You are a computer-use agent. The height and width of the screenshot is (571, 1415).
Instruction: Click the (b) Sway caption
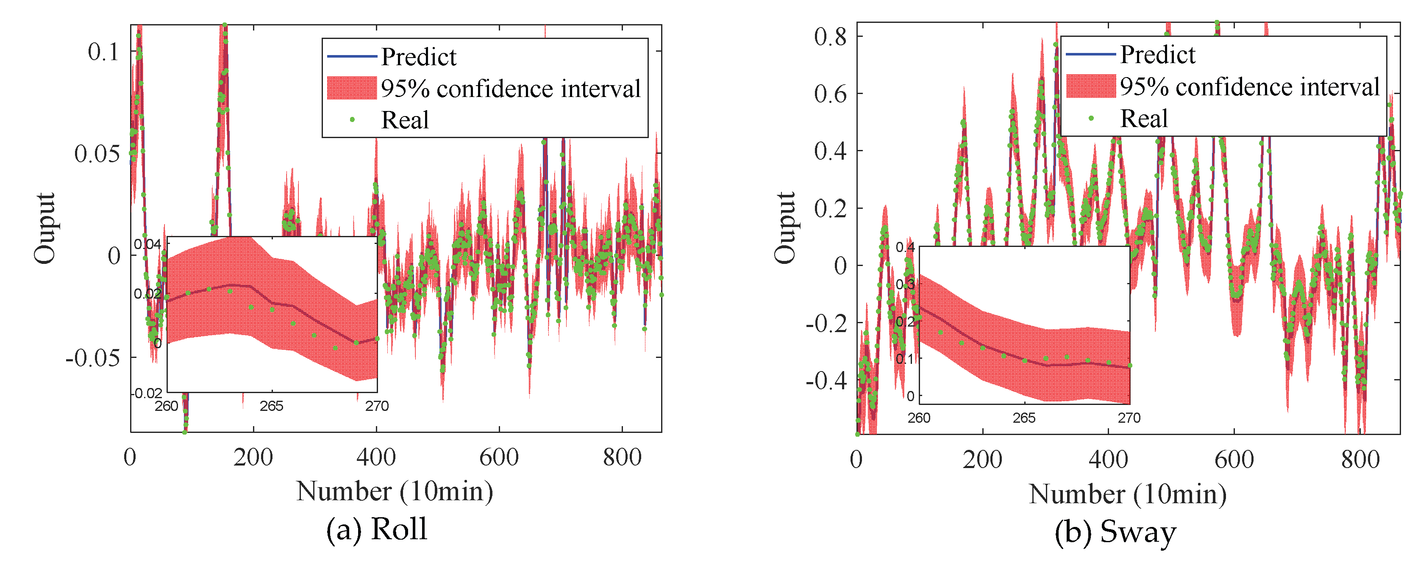[1115, 532]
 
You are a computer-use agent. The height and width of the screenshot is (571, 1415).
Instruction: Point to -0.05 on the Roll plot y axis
[92, 358]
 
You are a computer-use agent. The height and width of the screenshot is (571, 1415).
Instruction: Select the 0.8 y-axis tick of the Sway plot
[830, 37]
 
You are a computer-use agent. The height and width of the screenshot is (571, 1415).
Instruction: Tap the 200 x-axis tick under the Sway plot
[982, 460]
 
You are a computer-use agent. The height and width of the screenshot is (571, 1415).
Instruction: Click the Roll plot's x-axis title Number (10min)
[395, 491]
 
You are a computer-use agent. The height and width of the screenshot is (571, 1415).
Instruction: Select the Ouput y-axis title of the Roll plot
[45, 228]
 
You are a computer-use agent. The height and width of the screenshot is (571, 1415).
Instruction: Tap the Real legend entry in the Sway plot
[1144, 119]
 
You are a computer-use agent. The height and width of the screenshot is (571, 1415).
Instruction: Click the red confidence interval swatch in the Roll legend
[352, 88]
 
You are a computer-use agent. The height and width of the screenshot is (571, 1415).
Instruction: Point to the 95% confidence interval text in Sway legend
[1250, 87]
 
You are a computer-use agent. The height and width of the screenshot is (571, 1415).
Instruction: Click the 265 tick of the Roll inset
[271, 406]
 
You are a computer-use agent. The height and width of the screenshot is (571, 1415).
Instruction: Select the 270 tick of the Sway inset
[1129, 419]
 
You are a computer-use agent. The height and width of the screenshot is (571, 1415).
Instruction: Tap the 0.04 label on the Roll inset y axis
[147, 244]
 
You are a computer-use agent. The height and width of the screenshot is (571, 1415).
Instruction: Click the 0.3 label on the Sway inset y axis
[905, 284]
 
